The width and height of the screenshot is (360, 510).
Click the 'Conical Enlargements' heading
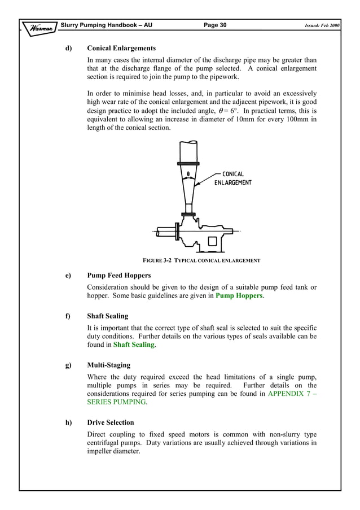121,48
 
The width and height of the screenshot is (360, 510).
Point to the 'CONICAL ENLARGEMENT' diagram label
233,178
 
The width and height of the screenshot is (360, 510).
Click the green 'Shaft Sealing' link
134,345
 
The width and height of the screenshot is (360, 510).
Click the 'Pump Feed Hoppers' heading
119,276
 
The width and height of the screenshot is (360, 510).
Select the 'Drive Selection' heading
111,422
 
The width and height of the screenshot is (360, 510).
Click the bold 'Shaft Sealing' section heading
108,316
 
